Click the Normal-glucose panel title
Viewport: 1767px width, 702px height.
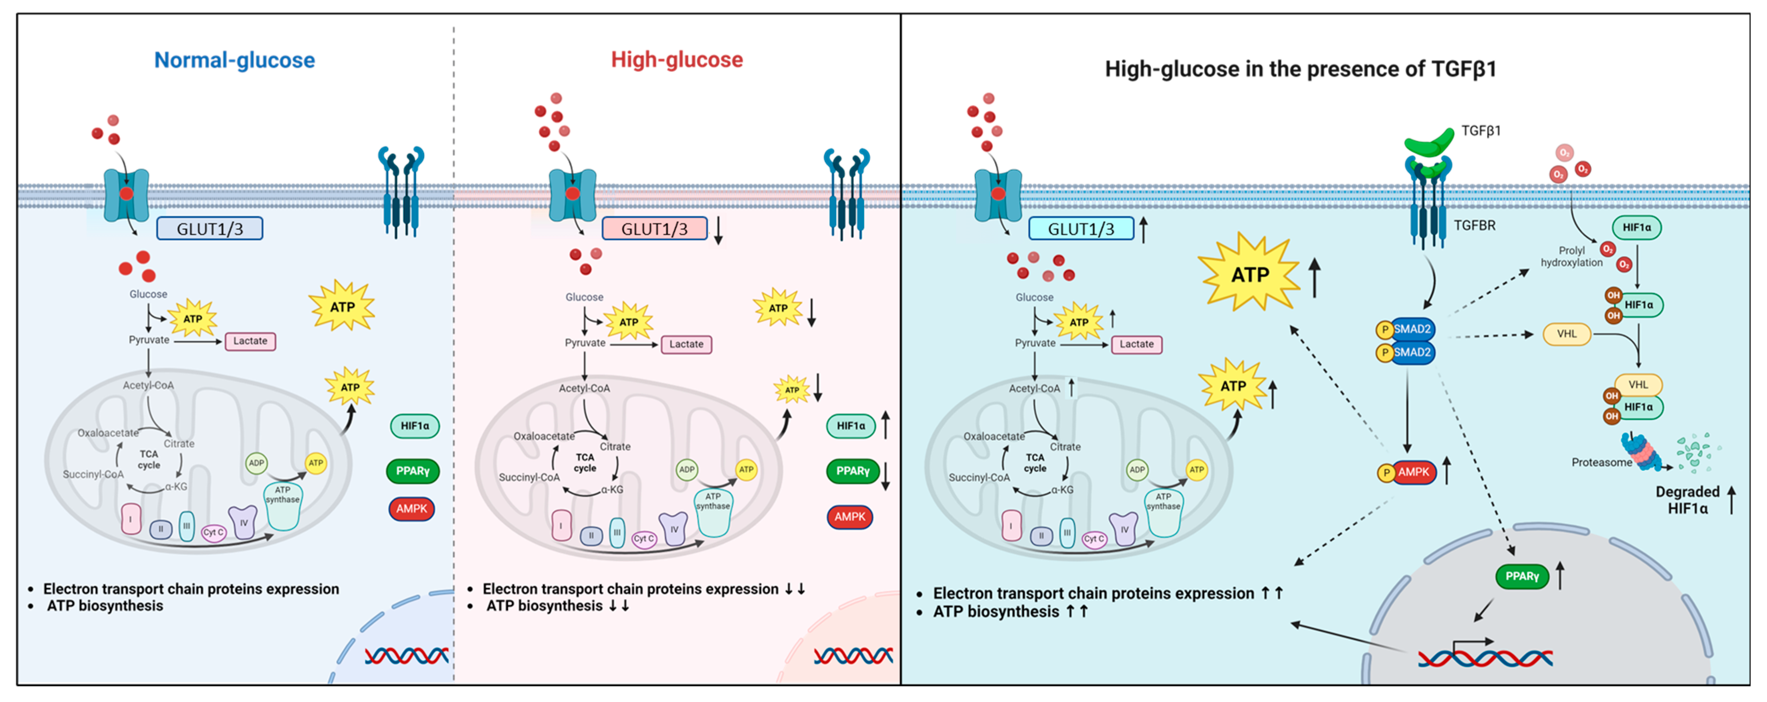(234, 60)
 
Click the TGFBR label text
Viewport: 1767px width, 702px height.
(1474, 225)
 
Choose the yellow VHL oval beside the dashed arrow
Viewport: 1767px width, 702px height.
(1566, 334)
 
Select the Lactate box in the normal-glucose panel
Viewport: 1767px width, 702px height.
(250, 341)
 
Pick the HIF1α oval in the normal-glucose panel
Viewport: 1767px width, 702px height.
(414, 426)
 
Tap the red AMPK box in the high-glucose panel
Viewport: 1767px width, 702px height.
(850, 517)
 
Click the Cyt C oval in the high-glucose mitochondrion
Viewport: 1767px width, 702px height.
(643, 539)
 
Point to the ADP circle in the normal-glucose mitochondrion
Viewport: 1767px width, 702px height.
(256, 463)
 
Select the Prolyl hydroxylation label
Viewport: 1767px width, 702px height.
(1571, 256)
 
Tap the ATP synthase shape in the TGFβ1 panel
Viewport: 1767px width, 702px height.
(1163, 511)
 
